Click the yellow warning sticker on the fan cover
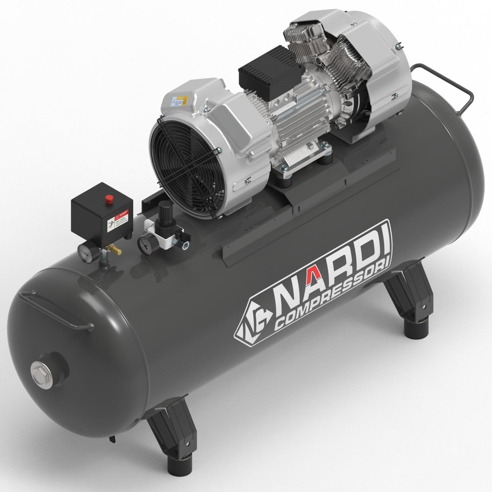pyautogui.click(x=185, y=101)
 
